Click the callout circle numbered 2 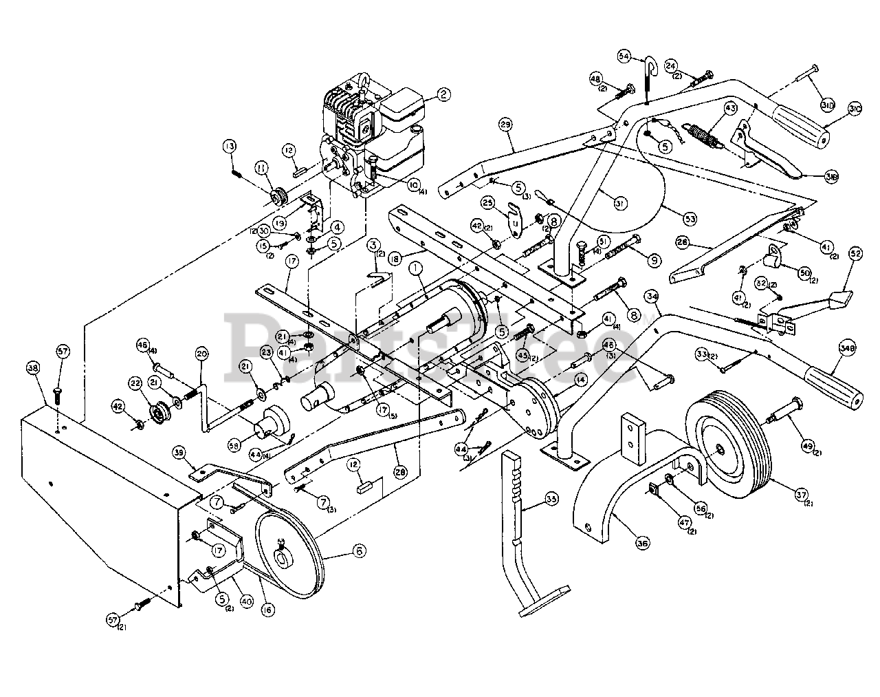tap(445, 94)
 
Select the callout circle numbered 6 tap(359, 550)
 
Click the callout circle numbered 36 tap(642, 544)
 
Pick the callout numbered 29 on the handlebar tap(505, 125)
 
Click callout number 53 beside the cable tap(690, 219)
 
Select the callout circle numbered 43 tap(729, 109)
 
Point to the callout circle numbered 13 tap(229, 146)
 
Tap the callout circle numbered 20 tap(201, 354)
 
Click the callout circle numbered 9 tap(653, 261)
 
